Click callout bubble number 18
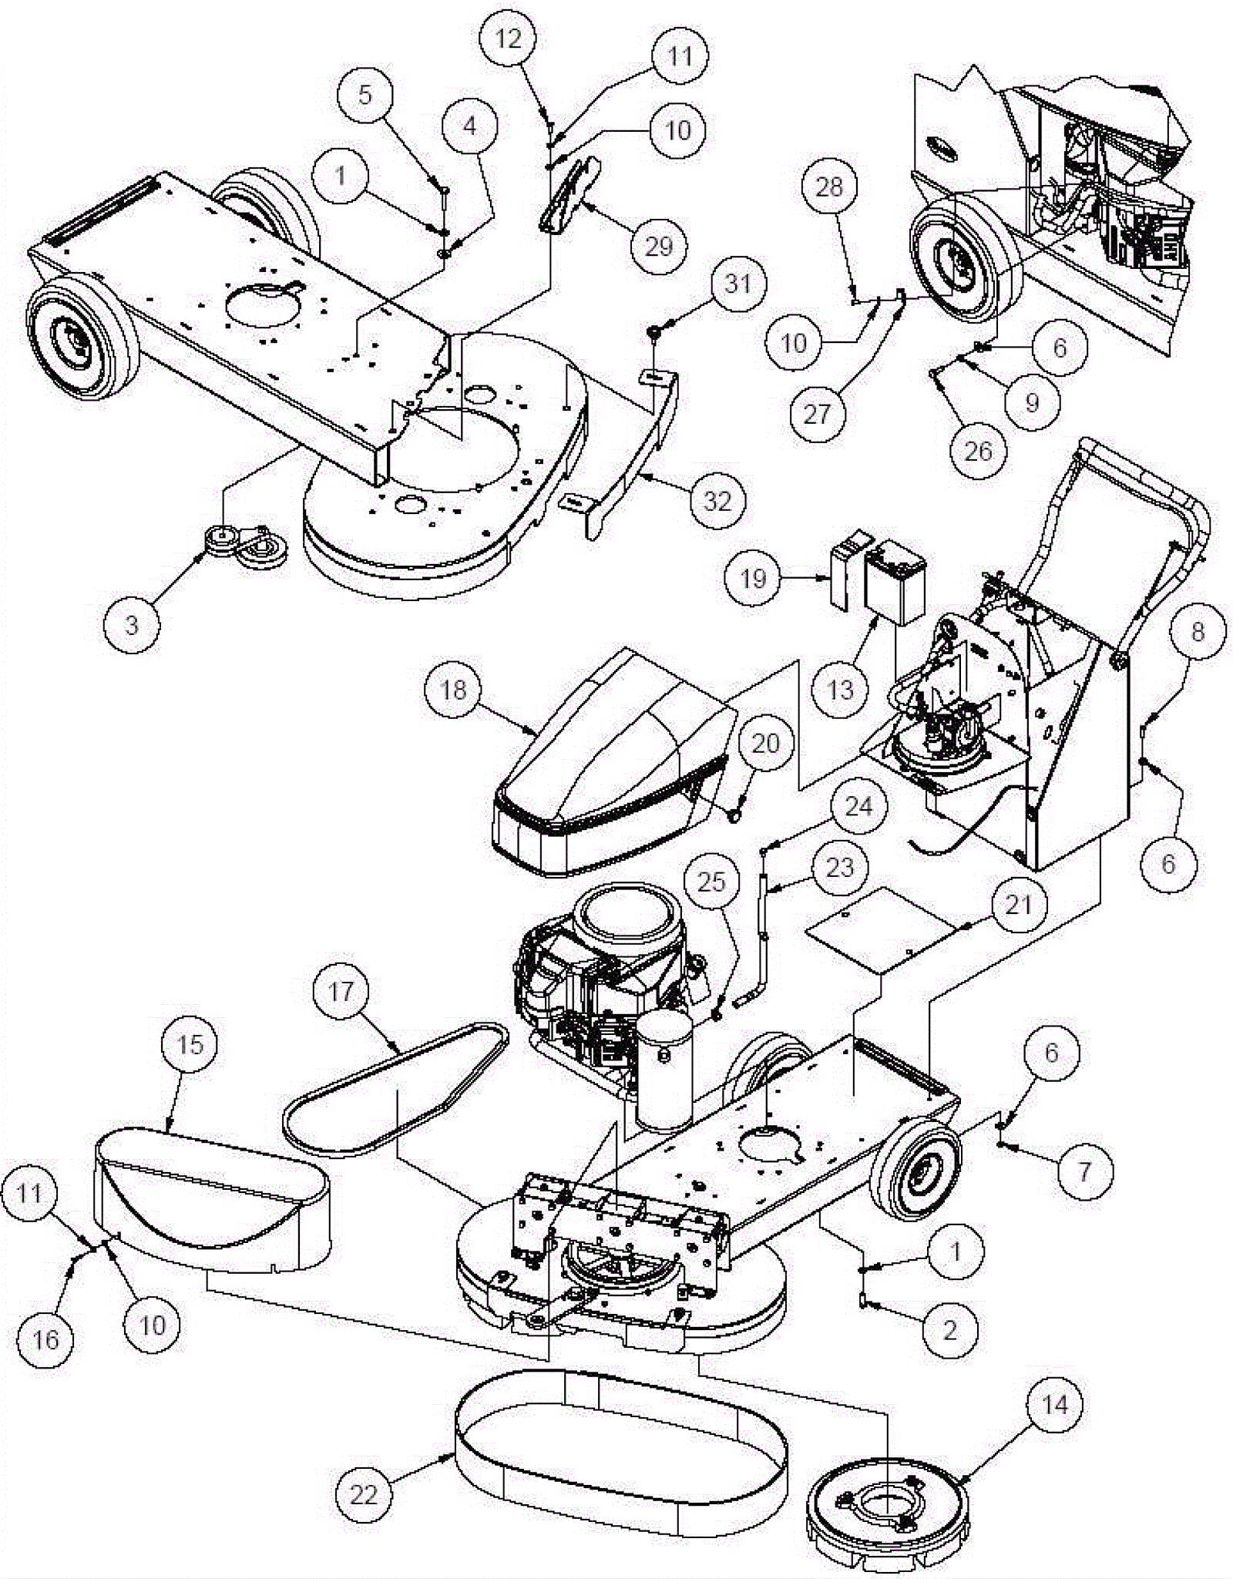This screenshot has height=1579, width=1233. click(x=453, y=689)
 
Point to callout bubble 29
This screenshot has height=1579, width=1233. click(x=658, y=246)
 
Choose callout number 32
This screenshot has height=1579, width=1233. click(x=717, y=501)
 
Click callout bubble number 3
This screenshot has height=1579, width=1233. click(x=132, y=624)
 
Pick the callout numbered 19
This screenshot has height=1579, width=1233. click(x=753, y=578)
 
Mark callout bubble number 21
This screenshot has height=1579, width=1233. click(x=1018, y=903)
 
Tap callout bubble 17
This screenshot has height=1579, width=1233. click(x=341, y=991)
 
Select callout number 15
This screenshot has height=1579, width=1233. click(x=190, y=1044)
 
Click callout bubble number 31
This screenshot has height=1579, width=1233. click(x=738, y=284)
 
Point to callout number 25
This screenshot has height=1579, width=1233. click(x=711, y=881)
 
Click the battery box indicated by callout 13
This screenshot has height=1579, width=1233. click(x=896, y=583)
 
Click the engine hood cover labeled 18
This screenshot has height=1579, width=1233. click(x=609, y=763)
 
